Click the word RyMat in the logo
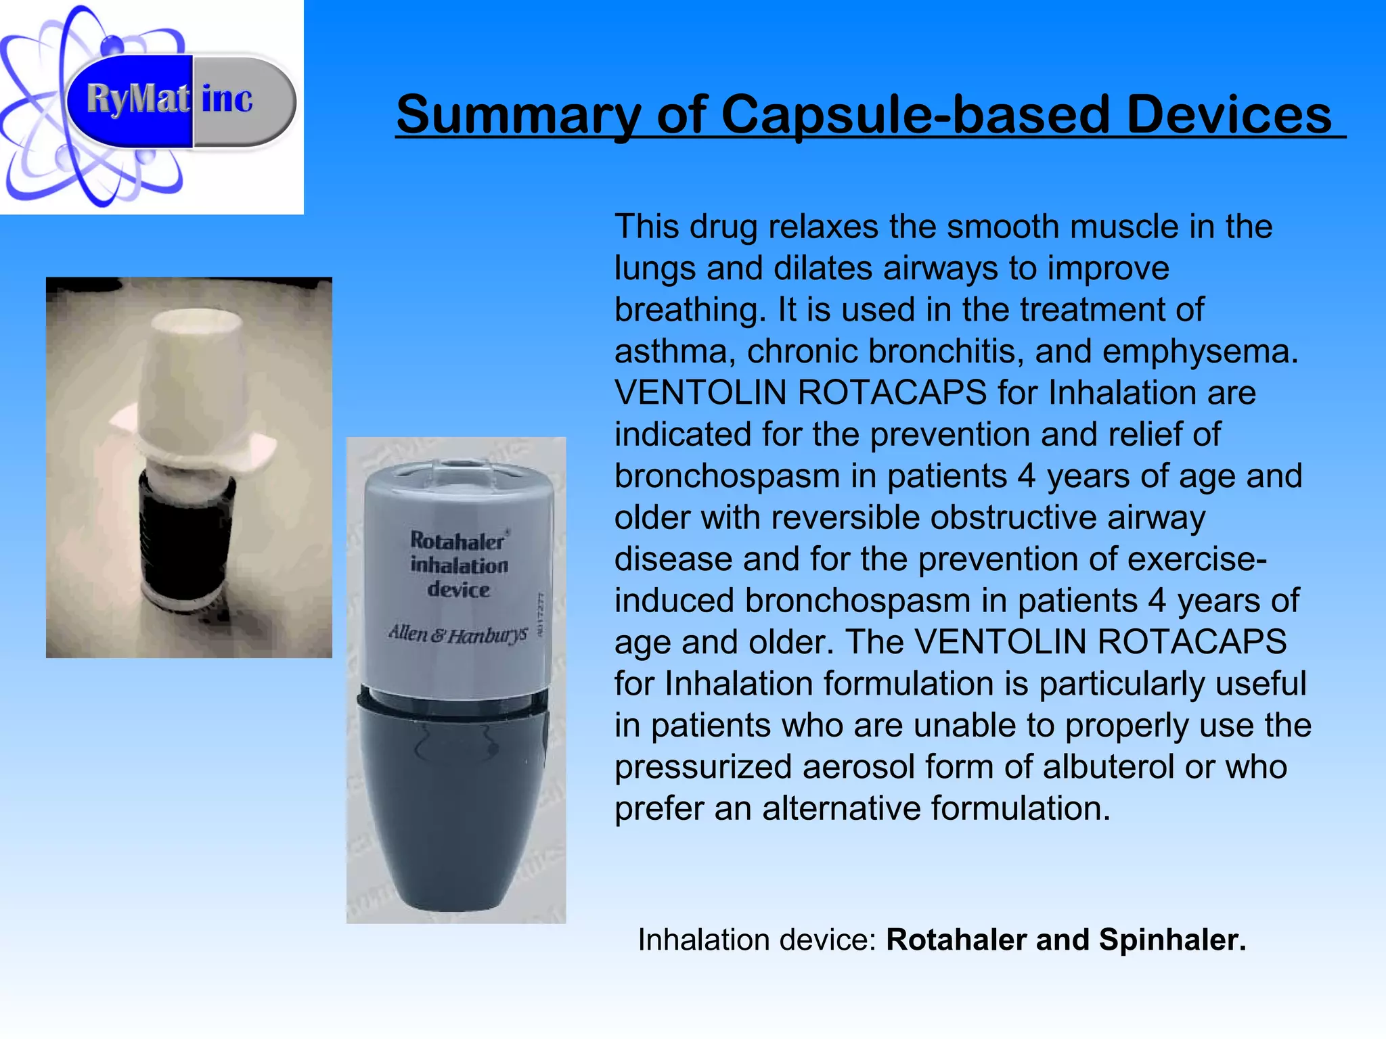(x=137, y=99)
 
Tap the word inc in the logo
(x=227, y=99)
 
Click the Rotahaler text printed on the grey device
(x=457, y=541)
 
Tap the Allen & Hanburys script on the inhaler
(x=457, y=634)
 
